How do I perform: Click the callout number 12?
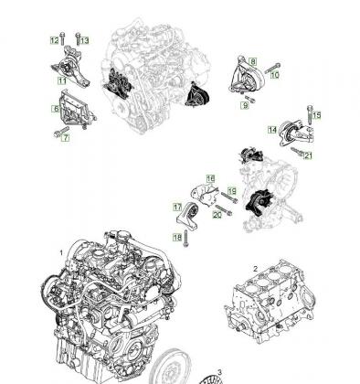(x=54, y=40)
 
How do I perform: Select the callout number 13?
(x=85, y=40)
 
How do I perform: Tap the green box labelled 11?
(x=62, y=81)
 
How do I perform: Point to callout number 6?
(x=56, y=109)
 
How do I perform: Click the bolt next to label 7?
(x=61, y=132)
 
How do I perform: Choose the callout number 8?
(x=253, y=62)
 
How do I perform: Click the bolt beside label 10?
(x=272, y=69)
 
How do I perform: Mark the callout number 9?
(x=245, y=105)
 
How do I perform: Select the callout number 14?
(x=272, y=130)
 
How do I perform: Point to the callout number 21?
(x=308, y=155)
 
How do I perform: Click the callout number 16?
(x=210, y=178)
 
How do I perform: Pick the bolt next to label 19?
(x=229, y=197)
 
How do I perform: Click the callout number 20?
(x=217, y=215)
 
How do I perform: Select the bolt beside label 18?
(x=185, y=239)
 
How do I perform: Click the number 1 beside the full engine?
(x=61, y=253)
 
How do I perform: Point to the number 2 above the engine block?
(x=255, y=269)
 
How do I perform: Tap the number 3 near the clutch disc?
(x=219, y=372)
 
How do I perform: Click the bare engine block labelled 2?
(x=270, y=303)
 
